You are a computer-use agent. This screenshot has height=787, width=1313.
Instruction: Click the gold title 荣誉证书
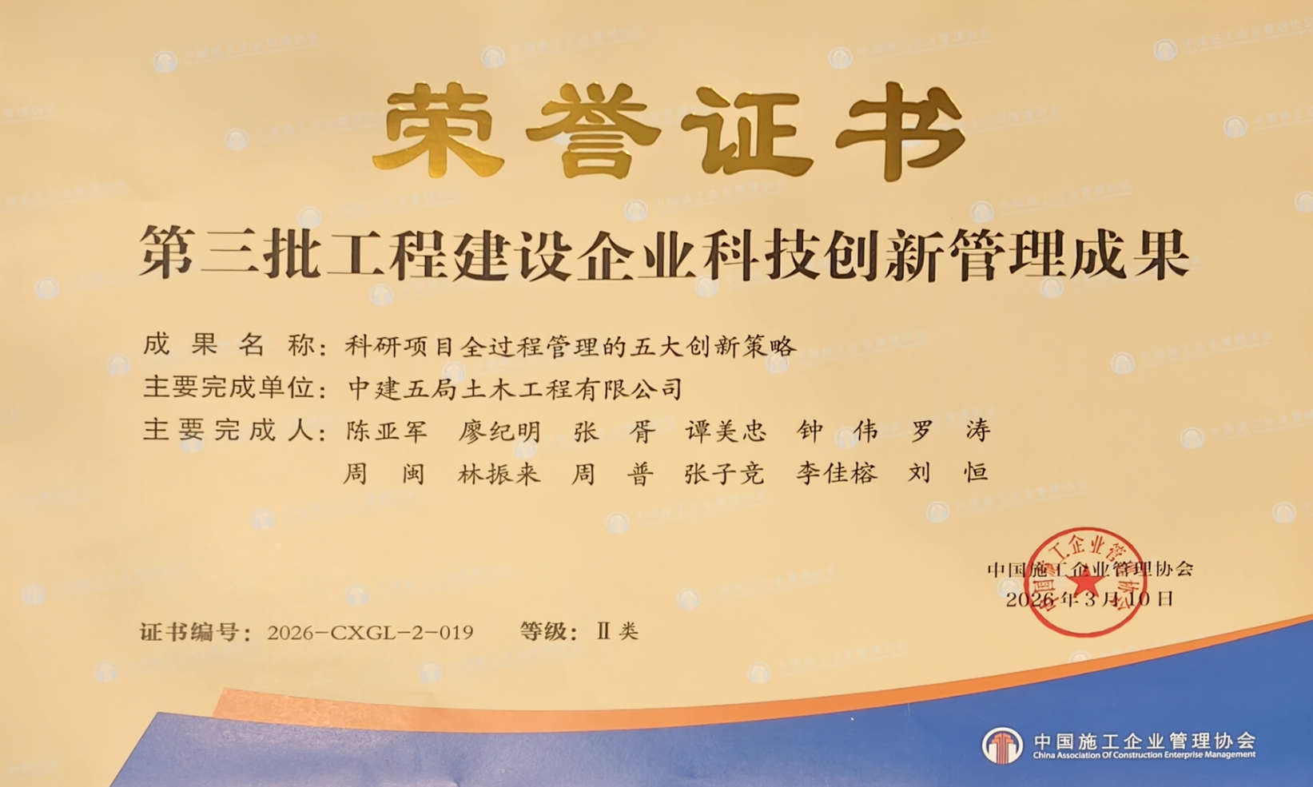click(x=670, y=131)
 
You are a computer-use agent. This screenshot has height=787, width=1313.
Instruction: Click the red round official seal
click(x=1084, y=582)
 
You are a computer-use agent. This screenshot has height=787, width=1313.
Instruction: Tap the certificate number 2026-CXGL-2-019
click(x=370, y=633)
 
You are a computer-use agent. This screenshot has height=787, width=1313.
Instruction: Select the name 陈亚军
click(x=388, y=431)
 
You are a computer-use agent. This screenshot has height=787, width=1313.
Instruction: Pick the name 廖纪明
click(x=499, y=431)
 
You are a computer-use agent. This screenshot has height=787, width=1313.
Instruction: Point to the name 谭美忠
click(x=726, y=431)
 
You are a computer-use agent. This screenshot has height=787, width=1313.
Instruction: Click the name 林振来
click(x=499, y=474)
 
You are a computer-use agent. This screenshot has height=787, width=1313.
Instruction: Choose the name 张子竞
click(x=725, y=474)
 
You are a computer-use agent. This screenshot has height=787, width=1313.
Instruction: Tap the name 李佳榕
click(x=837, y=474)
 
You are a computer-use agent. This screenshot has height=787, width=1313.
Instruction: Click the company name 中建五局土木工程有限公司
click(x=515, y=389)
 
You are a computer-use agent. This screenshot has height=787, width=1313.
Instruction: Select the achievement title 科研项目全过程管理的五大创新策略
click(x=571, y=346)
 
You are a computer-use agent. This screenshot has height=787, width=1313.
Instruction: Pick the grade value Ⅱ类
click(x=618, y=632)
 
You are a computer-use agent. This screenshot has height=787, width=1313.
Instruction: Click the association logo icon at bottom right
click(x=1002, y=745)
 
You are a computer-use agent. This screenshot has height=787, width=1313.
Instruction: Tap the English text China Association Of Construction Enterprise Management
click(x=1144, y=755)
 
